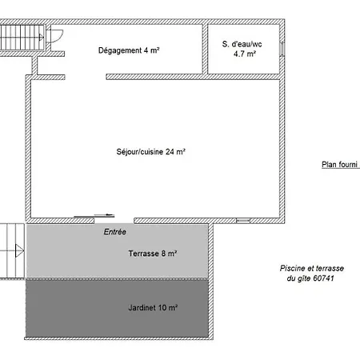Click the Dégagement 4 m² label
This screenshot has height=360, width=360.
click(129, 50)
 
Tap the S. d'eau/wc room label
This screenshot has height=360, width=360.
click(242, 44)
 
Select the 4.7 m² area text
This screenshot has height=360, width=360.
click(245, 54)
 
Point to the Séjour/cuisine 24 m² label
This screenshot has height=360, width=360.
click(150, 152)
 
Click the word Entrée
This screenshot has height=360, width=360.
click(115, 232)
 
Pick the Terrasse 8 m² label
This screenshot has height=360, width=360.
click(153, 254)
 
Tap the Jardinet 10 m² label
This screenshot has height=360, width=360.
click(153, 307)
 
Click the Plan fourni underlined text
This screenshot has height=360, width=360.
click(341, 165)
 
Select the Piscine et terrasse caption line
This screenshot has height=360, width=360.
click(312, 268)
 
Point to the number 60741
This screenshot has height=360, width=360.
click(323, 278)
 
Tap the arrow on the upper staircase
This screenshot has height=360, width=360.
click(42, 37)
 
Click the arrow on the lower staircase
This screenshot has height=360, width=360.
click(19, 250)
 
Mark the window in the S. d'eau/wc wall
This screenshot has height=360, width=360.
click(282, 49)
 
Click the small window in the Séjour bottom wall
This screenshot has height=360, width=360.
click(243, 221)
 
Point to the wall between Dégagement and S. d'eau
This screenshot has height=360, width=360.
click(205, 49)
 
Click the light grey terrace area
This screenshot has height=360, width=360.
click(118, 250)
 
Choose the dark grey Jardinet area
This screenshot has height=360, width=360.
click(117, 308)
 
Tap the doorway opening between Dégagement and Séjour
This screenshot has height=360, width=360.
click(86, 77)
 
